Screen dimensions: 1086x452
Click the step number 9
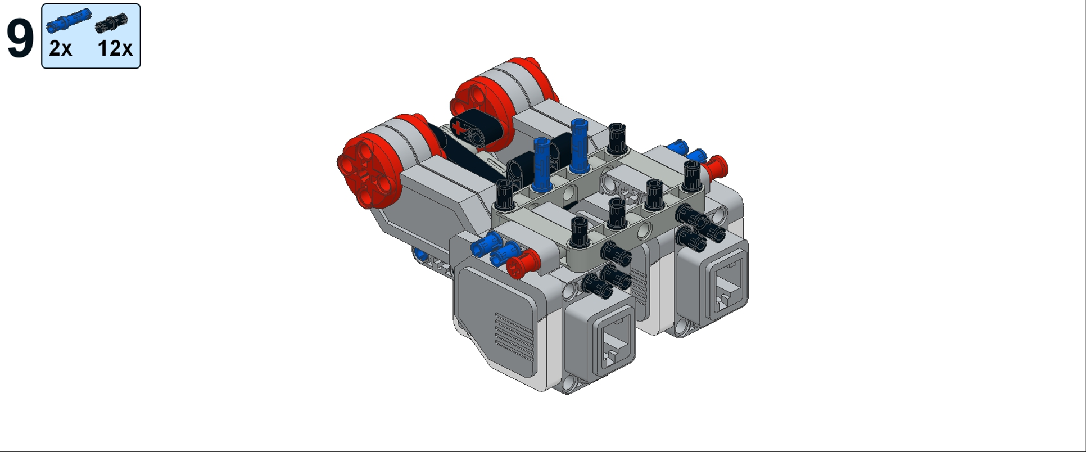click(20, 38)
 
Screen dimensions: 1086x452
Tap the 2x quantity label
click(60, 49)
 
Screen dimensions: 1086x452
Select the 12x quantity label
click(115, 49)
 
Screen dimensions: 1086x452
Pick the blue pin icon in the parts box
click(69, 19)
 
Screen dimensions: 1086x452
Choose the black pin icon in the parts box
click(111, 22)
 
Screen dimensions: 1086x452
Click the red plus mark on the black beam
click(460, 128)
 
